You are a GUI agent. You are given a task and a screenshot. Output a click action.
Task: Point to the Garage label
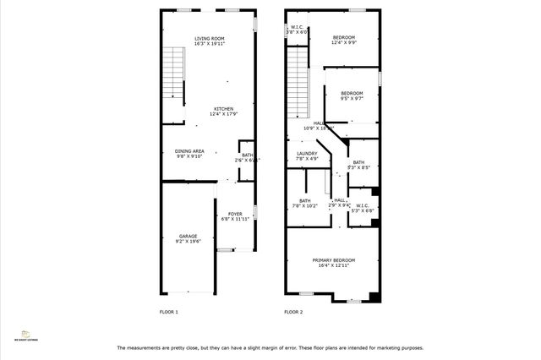[187, 236]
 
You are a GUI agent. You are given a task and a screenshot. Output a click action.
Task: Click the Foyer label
[232, 215]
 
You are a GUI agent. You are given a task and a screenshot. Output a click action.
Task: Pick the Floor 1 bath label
[247, 155]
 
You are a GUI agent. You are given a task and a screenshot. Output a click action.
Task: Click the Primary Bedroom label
[334, 260]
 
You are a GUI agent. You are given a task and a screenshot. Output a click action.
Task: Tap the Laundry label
[306, 154]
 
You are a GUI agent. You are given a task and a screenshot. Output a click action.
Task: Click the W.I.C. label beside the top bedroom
[298, 27]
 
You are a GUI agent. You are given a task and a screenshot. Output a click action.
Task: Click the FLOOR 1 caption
[169, 312]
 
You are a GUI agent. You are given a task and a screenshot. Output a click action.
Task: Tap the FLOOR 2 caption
[293, 312]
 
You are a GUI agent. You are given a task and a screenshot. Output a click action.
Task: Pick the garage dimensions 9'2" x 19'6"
[187, 242]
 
